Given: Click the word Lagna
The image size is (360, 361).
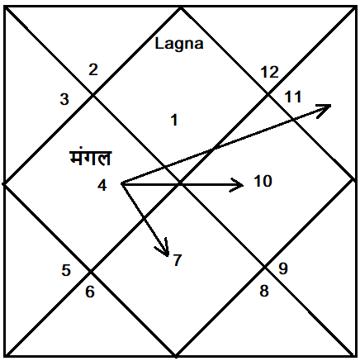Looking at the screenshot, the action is tap(179, 45).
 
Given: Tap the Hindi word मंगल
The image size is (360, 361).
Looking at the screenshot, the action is tap(90, 158).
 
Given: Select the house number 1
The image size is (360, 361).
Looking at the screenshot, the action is tap(174, 121).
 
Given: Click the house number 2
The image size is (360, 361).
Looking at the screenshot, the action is tap(93, 69).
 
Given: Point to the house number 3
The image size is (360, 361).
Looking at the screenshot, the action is tap(64, 99).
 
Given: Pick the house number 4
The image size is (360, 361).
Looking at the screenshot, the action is tap(102, 185).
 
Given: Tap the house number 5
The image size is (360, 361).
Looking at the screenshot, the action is tap(66, 270).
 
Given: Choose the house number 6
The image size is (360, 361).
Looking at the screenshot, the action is tap(90, 292).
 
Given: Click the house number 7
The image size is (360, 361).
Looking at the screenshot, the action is tap(178, 260).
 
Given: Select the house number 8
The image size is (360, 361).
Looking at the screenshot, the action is tap(264, 291).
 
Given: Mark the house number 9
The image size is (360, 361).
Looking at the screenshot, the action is tap(283, 268).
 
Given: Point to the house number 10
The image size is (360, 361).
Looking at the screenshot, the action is tap(263, 181).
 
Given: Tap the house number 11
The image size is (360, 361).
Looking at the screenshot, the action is tap(293, 97).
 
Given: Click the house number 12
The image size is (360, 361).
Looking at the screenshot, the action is tap(270, 72).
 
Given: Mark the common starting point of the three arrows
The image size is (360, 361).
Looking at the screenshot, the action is tap(122, 183).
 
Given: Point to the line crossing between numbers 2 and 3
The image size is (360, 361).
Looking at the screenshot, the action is tap(92, 95).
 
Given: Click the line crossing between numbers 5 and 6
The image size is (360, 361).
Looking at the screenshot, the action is tap(91, 272).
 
